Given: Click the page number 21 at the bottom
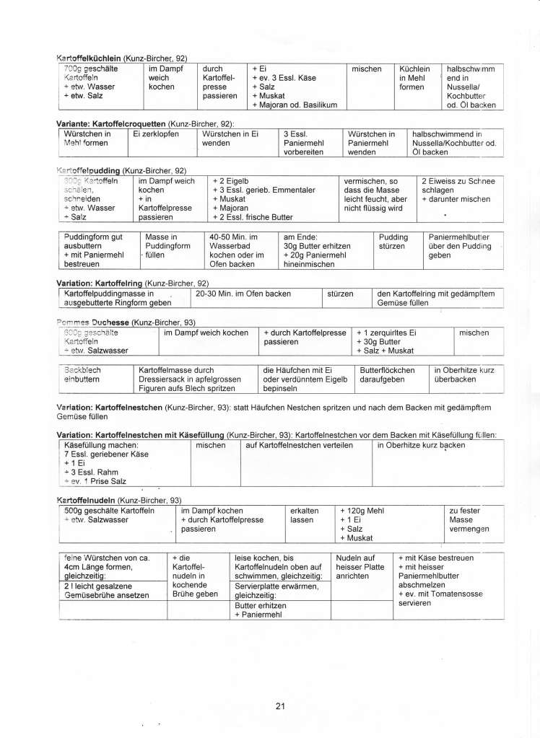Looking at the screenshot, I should tap(280, 706).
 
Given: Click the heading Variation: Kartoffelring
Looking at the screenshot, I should tap(100, 283).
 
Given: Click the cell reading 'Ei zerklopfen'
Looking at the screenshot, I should tap(155, 134).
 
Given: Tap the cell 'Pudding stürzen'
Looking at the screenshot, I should tap(393, 241).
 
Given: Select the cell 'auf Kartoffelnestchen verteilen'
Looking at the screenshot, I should tap(299, 445).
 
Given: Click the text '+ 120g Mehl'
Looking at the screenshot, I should tap(361, 511).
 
